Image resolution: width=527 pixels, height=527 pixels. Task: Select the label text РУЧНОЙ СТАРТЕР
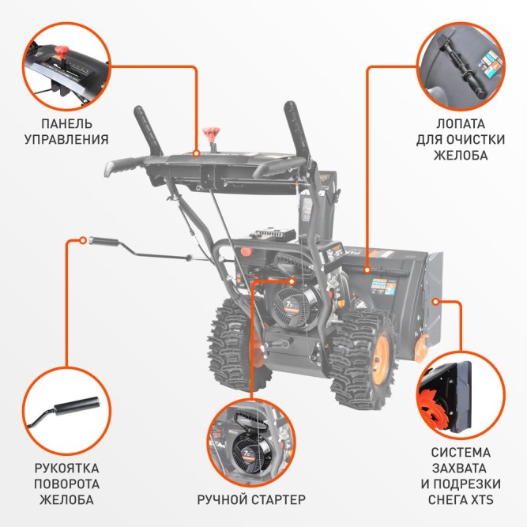[x=250, y=499]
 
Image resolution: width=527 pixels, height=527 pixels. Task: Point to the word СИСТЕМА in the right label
[x=461, y=453]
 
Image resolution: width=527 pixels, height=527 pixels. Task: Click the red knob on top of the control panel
[x=211, y=132]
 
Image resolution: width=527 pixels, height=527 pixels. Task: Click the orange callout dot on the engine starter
[x=293, y=280]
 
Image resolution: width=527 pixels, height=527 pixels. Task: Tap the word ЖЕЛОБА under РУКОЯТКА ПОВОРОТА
[x=66, y=499]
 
